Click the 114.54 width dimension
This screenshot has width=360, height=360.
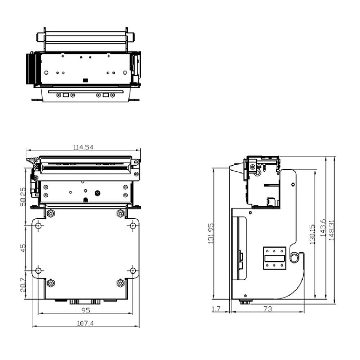(84, 147)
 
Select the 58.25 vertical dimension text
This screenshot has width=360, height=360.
(23, 197)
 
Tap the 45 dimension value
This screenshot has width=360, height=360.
(23, 248)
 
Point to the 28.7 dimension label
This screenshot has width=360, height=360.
(23, 284)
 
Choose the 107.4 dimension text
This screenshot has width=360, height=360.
(85, 324)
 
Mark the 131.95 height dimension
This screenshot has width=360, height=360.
(211, 233)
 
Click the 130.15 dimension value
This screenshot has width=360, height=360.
(312, 234)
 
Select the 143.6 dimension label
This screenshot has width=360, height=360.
(323, 228)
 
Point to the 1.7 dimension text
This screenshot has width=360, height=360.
(216, 309)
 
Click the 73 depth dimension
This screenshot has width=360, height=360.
(267, 309)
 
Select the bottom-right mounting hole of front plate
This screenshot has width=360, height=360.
(133, 270)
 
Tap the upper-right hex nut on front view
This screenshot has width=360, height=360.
(120, 213)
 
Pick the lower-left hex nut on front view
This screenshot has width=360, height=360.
(51, 283)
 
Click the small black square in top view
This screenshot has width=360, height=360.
(85, 80)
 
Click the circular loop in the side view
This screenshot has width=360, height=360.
(294, 257)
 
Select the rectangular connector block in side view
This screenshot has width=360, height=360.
(274, 257)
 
